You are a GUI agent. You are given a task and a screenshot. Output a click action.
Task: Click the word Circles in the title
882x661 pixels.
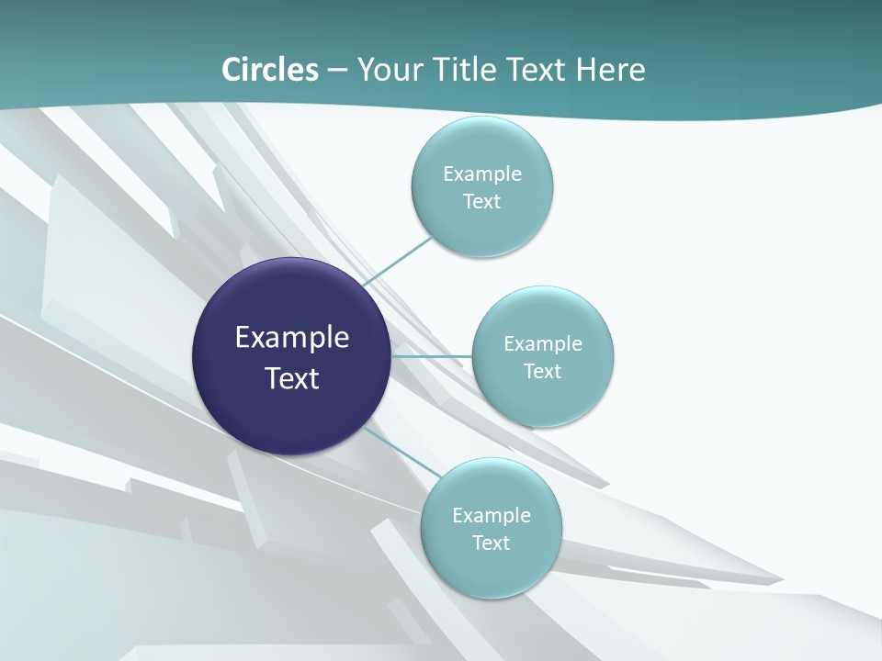[270, 70]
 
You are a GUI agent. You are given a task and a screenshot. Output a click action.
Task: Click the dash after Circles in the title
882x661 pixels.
[337, 71]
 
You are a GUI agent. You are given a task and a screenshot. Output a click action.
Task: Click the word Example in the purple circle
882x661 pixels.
[292, 338]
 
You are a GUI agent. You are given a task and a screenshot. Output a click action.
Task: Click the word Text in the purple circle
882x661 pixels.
[292, 378]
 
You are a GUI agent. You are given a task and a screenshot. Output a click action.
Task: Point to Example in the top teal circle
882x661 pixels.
[482, 174]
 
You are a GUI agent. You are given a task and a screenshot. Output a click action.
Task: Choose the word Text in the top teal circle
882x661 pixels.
[482, 202]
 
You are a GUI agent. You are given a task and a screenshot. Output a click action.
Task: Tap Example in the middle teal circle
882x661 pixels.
[543, 344]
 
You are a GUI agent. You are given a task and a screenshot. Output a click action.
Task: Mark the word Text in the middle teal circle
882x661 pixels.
[543, 372]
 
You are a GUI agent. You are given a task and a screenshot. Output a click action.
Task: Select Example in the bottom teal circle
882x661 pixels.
[492, 516]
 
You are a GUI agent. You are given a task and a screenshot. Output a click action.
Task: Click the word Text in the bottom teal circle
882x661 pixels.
[492, 543]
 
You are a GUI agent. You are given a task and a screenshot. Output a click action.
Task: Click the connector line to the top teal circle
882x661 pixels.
[397, 262]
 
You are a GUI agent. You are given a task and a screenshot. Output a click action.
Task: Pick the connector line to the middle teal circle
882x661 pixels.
[432, 355]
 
